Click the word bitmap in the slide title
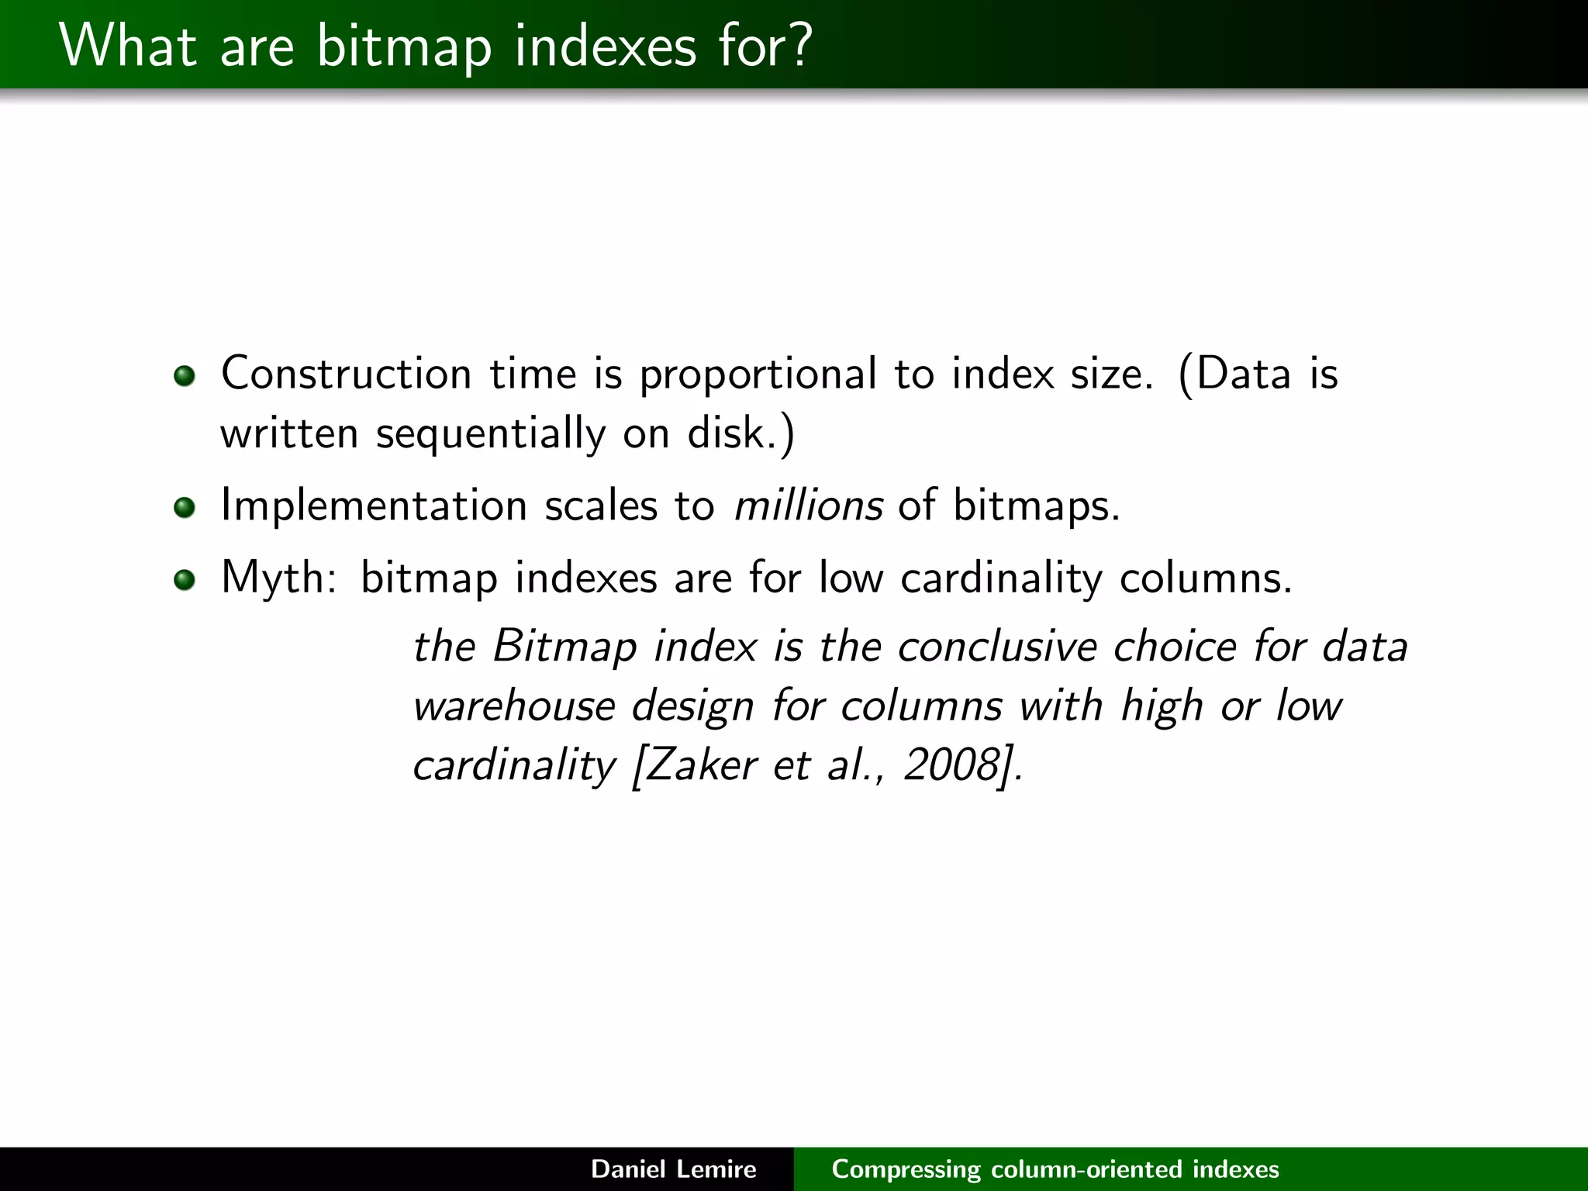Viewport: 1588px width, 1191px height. (403, 47)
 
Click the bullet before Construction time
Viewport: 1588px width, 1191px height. (185, 377)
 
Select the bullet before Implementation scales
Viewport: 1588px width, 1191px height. (185, 509)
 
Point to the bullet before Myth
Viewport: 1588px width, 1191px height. (185, 580)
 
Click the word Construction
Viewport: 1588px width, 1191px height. (346, 374)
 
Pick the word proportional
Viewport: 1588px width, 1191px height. (758, 375)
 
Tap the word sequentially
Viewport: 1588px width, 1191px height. (490, 434)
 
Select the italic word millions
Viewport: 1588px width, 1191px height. (808, 506)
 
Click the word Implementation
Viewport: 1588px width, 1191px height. (374, 506)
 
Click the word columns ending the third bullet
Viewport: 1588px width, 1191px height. (1203, 578)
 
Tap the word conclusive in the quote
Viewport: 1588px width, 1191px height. (997, 647)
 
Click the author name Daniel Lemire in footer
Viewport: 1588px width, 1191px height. (673, 1169)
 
